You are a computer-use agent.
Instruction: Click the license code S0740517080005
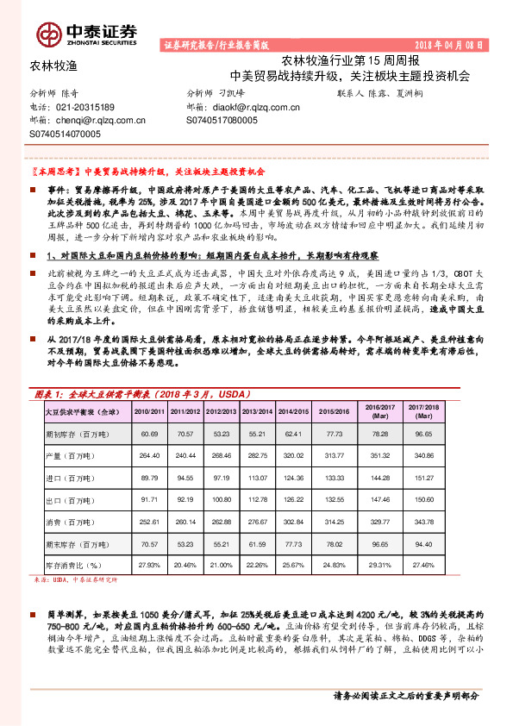(x=222, y=121)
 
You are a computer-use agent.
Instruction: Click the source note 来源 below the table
(x=74, y=580)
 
